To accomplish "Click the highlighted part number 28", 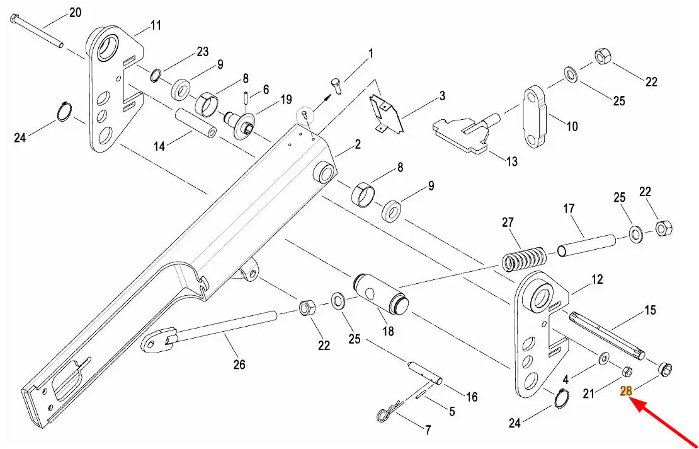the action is (626, 391).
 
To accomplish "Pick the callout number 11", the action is (155, 25).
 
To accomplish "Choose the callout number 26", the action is (239, 364).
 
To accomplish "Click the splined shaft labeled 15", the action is (606, 335).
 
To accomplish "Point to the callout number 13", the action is (512, 161).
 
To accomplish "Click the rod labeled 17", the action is (587, 246).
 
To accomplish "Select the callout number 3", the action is (442, 95).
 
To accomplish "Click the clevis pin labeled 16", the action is (426, 372).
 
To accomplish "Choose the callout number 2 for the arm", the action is (357, 144).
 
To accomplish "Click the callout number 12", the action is (597, 279).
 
